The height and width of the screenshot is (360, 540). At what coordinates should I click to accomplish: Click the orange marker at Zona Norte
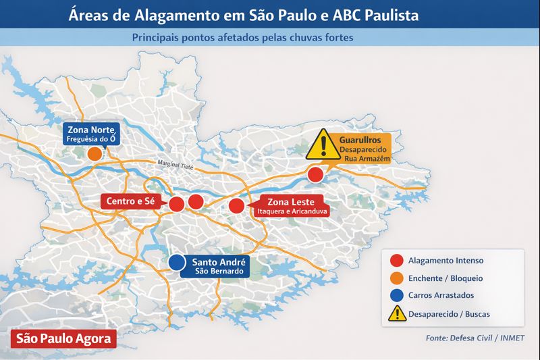95,154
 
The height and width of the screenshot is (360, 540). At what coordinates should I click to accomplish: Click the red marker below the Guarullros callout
315,175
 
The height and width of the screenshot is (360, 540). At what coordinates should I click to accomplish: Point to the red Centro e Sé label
131,201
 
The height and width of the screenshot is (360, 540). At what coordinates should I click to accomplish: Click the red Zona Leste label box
288,205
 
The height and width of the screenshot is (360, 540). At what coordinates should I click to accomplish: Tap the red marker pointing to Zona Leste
236,206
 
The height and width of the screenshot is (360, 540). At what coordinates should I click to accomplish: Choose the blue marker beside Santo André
177,262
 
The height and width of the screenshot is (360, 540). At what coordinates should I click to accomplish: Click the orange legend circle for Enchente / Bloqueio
397,278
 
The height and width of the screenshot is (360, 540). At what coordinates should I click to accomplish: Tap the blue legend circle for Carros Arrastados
397,295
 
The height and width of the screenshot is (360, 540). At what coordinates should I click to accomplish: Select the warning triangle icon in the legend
397,313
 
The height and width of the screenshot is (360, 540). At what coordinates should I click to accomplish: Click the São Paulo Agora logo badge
63,339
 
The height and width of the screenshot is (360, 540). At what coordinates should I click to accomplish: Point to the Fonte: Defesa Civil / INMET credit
475,338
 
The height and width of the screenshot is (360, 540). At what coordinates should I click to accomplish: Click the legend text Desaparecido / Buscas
450,314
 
